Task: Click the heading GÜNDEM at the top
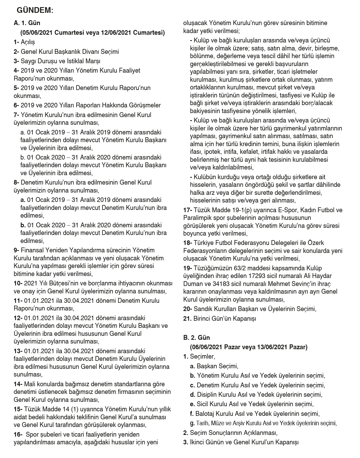(x=35, y=11)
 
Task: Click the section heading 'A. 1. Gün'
(x=27, y=23)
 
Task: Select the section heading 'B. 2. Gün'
(x=197, y=338)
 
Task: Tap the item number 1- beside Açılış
(x=16, y=42)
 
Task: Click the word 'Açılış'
(x=28, y=42)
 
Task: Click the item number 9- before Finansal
(x=16, y=250)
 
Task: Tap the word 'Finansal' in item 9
(x=31, y=250)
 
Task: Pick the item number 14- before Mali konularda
(x=18, y=384)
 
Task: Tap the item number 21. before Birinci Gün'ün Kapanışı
(x=187, y=318)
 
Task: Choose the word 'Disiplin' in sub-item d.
(x=208, y=394)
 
